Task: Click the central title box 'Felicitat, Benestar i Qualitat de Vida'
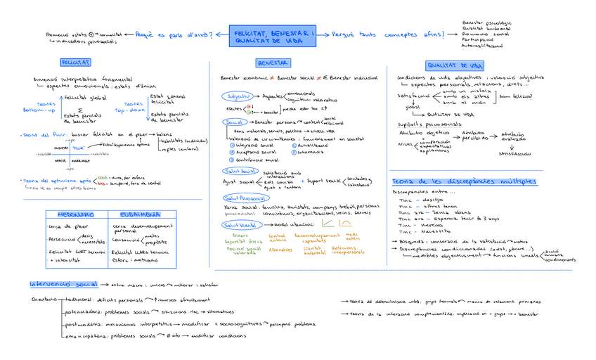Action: (275, 37)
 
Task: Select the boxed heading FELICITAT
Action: (75, 63)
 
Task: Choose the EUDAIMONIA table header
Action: (136, 214)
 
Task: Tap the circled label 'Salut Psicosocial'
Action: (240, 198)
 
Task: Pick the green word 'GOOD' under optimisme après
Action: (104, 177)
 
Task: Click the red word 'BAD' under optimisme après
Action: (103, 183)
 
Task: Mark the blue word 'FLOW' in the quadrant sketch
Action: (77, 148)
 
